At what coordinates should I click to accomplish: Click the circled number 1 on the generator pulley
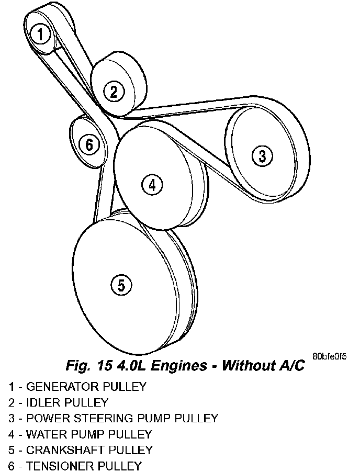tap(40, 35)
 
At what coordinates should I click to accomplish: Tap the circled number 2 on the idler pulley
tap(114, 92)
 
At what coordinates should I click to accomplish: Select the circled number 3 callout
tap(262, 155)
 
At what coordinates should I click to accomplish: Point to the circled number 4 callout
tap(151, 184)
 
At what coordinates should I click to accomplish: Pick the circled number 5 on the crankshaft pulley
tap(121, 285)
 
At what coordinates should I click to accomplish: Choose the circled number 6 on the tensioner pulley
tap(89, 144)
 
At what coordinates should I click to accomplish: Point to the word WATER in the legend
tap(43, 434)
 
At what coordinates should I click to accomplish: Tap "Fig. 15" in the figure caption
tap(83, 365)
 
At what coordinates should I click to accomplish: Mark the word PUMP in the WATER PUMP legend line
tap(82, 434)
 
